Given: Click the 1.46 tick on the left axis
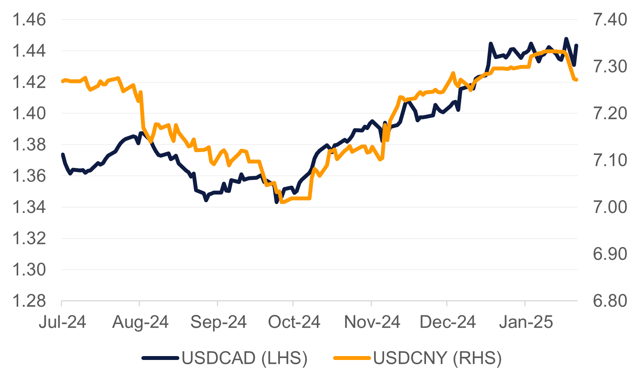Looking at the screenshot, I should pos(29,19).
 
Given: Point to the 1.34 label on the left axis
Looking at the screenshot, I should pos(29,207).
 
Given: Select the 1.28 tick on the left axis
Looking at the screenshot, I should pos(29,301).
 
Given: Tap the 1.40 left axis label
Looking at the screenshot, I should pos(29,113).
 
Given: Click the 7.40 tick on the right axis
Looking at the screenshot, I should pos(610,19).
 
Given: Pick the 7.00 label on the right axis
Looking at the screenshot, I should pos(610,207).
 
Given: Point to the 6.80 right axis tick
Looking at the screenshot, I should pos(610,301).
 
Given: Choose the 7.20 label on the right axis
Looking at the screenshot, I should pos(610,113).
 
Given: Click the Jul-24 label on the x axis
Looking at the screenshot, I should pos(62,322).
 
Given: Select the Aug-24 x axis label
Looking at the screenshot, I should pos(140,322).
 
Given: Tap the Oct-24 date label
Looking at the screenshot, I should pos(294,322).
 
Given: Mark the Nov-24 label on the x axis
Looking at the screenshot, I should pos(372,322).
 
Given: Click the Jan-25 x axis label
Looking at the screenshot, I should pos(526,322).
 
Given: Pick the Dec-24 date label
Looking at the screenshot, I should pos(447,322).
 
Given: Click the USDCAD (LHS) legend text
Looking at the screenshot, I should pos(244,358).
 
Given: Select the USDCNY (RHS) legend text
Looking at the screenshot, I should pos(437,358).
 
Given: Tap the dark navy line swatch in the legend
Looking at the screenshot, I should pos(160,358).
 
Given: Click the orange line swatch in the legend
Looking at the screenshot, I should pos(352,358).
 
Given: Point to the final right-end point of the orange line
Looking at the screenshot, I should pos(577,80).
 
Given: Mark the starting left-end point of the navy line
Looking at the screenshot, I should pos(62,154).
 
